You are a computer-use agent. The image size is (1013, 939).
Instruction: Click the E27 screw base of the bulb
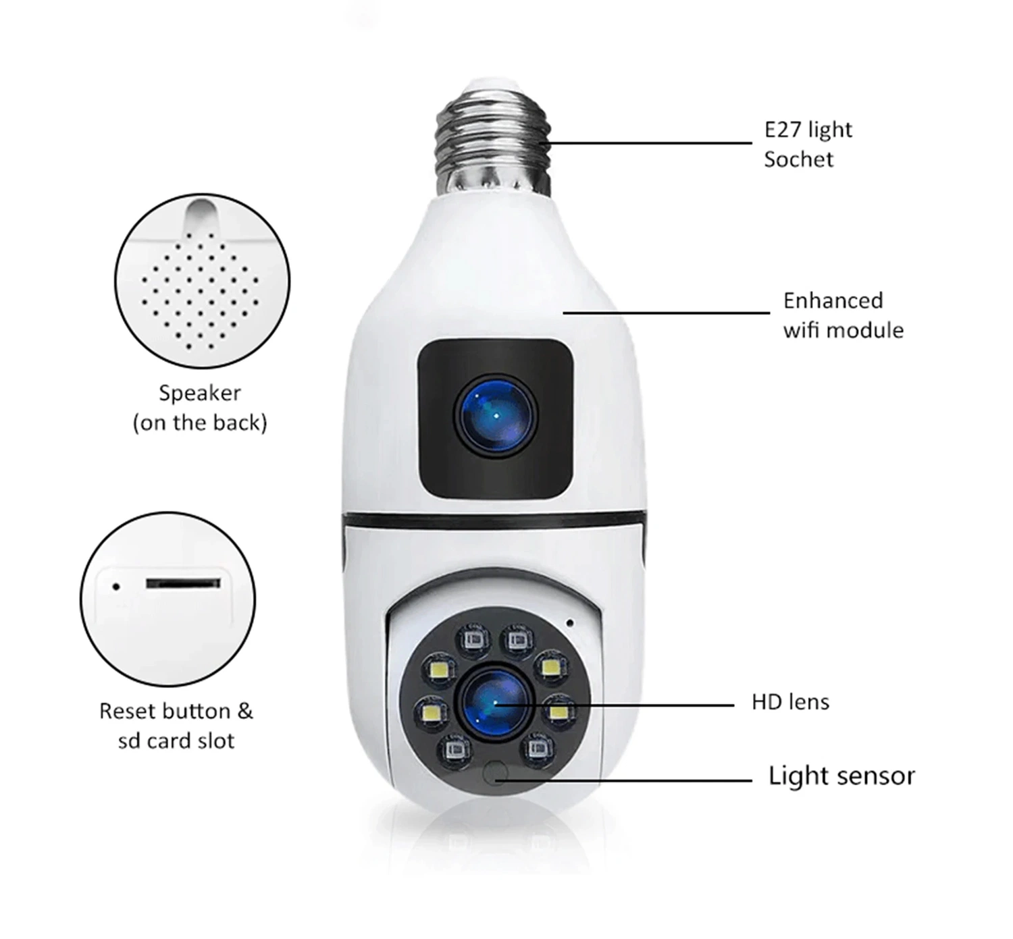(493, 140)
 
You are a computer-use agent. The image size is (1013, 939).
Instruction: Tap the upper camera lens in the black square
(496, 415)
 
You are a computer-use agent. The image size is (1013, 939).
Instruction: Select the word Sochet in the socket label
(798, 159)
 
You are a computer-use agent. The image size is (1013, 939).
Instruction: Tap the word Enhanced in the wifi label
(833, 301)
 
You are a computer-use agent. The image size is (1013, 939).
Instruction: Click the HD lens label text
(791, 702)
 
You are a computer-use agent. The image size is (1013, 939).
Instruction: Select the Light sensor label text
(841, 776)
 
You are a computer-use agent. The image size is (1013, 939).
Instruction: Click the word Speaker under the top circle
(199, 394)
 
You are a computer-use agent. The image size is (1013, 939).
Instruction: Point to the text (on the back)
(200, 423)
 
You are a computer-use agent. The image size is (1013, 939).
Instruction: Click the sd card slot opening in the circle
(183, 583)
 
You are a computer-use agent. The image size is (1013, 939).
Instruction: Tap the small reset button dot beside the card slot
(116, 587)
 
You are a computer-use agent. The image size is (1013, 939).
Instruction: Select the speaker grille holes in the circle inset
(200, 291)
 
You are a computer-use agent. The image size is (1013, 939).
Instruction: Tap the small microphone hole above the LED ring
(570, 623)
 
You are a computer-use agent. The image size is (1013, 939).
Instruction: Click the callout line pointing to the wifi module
(666, 313)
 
